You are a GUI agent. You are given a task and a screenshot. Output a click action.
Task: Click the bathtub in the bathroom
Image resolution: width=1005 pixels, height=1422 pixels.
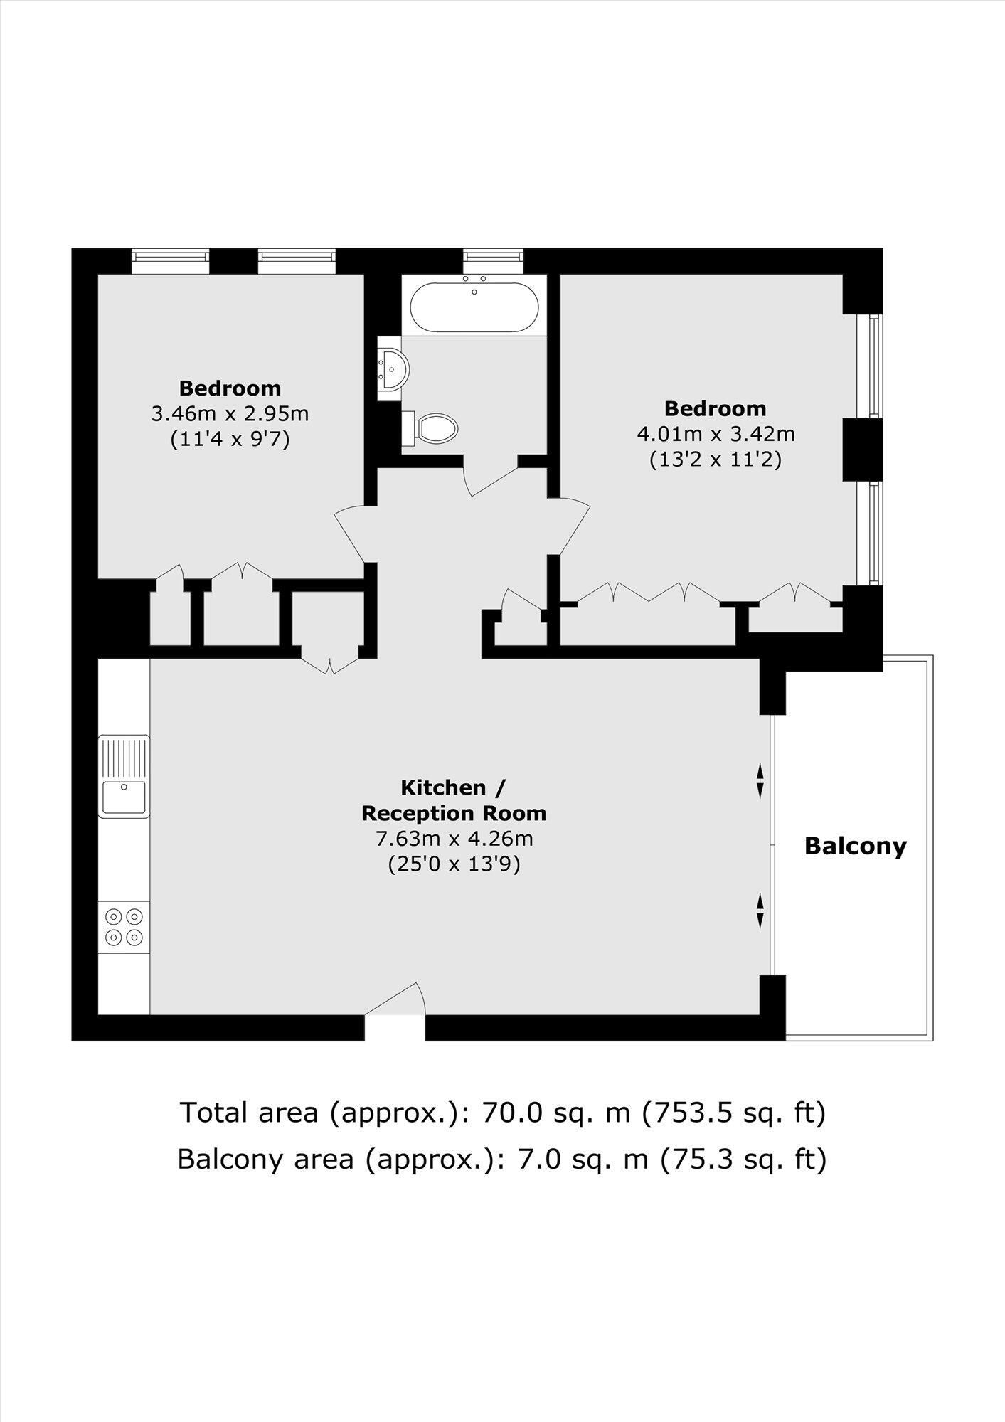pos(474,307)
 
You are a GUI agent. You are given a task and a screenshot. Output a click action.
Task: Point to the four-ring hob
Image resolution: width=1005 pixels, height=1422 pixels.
pos(124,927)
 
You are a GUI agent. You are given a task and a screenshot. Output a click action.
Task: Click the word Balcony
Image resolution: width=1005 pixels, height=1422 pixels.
pos(855,847)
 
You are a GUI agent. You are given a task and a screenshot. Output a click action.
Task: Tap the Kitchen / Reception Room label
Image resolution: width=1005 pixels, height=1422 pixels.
pos(454,800)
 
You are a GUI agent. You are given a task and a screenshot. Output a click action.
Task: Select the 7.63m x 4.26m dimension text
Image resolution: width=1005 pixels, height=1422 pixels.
pos(454,839)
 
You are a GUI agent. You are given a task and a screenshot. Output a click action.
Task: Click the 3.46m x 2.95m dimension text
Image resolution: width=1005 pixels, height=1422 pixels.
pos(230,413)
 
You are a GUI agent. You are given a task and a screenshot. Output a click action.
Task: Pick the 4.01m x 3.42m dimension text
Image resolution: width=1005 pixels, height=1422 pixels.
pos(716,433)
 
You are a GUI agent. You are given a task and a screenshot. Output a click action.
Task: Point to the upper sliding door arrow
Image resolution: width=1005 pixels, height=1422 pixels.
pos(760,780)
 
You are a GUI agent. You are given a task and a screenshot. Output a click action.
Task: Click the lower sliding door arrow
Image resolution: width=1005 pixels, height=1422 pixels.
pos(760,911)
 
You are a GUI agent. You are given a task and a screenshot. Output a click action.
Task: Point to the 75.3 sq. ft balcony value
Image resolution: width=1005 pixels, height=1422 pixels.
pos(743,1159)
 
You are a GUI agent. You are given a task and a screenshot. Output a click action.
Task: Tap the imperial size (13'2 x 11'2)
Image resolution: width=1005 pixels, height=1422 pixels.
pos(716,460)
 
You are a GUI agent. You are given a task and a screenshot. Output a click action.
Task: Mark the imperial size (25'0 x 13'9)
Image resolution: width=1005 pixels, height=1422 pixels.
pos(454,864)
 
